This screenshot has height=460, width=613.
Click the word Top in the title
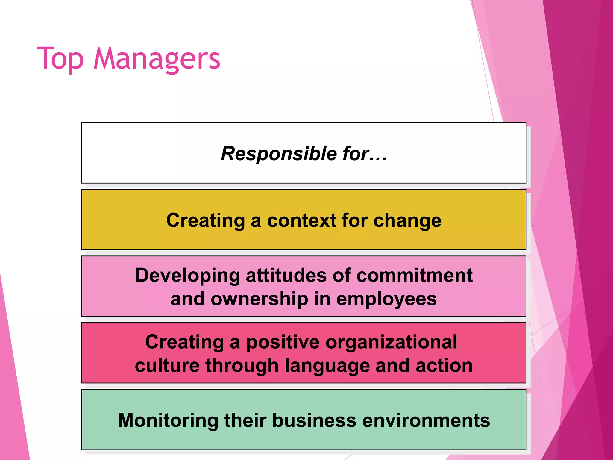coord(60,59)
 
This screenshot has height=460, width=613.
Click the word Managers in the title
coord(157,59)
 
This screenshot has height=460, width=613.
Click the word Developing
coord(188,276)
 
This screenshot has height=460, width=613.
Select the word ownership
coord(259,299)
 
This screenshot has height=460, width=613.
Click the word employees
coord(386,299)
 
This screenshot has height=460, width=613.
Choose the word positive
coord(283,342)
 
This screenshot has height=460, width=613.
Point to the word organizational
coord(391,342)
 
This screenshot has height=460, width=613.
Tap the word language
coord(327,366)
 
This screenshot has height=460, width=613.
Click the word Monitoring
coord(168,420)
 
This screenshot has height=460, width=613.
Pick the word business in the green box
coord(314,420)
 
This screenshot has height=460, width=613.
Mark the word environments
coord(426,420)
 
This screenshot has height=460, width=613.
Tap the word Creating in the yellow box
coord(206,220)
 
